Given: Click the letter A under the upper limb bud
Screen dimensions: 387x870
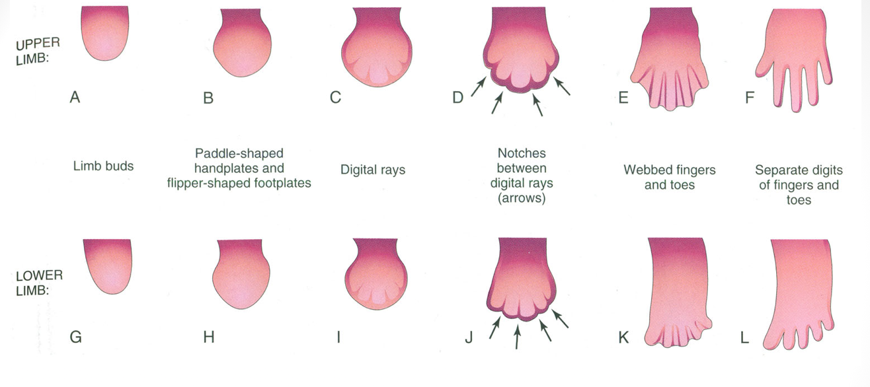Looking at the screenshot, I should [x=75, y=98].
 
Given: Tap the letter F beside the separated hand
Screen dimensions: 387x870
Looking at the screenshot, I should [x=750, y=98].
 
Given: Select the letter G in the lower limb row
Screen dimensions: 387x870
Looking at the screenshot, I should [x=75, y=337].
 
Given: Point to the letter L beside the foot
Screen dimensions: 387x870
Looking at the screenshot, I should [x=745, y=337].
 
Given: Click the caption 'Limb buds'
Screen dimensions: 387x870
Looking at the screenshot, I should [x=103, y=166].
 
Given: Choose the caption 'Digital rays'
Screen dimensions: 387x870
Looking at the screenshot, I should [x=373, y=170].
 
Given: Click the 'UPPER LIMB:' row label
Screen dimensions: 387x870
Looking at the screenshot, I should [x=38, y=48].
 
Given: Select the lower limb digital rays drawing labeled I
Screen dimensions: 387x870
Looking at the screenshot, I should [x=374, y=273].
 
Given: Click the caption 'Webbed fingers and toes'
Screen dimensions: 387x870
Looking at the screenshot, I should [x=669, y=177].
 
